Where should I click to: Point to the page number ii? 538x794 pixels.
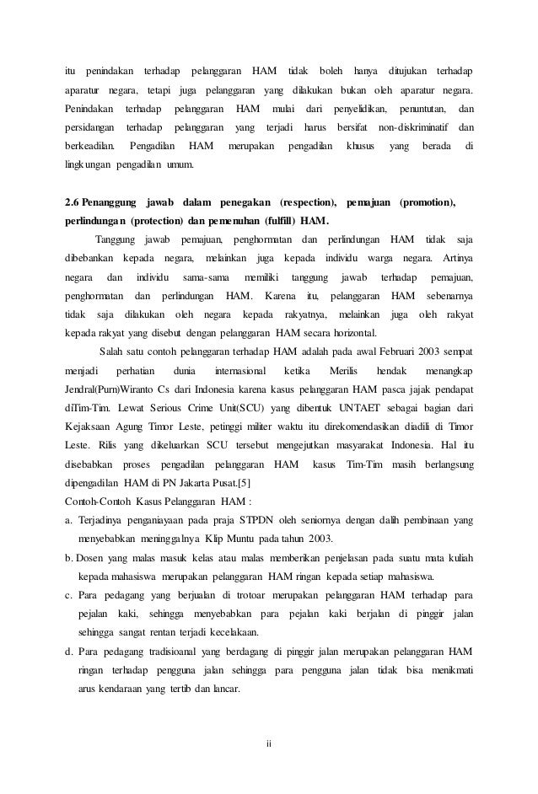pos(269,743)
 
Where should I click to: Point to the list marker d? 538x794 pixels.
pos(68,652)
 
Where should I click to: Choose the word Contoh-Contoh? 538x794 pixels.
pos(96,503)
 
